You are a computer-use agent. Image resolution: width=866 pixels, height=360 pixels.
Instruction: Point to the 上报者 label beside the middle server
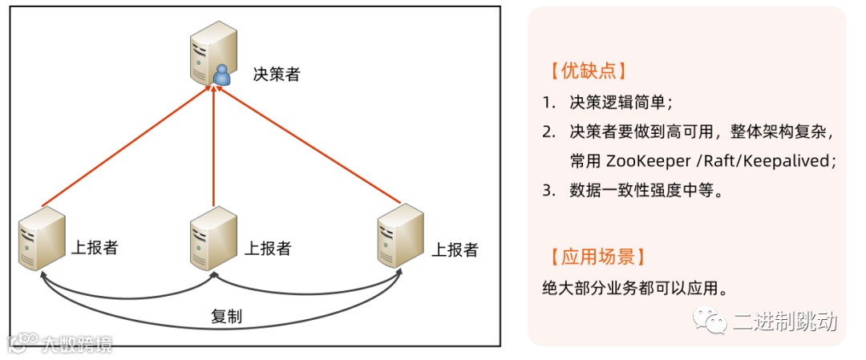tap(267, 247)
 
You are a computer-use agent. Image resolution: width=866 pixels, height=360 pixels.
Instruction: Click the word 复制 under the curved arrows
tap(226, 316)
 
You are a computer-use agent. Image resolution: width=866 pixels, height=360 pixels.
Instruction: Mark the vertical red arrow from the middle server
tap(214, 144)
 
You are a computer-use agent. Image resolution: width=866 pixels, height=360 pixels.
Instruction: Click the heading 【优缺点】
tap(583, 70)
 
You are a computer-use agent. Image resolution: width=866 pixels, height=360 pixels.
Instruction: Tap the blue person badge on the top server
tap(221, 76)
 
